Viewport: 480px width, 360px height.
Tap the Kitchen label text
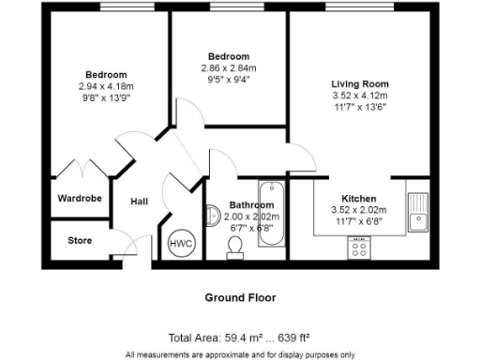click(359, 199)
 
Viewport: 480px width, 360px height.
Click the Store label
click(80, 241)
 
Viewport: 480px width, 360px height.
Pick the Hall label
click(139, 202)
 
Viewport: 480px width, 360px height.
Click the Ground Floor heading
click(240, 297)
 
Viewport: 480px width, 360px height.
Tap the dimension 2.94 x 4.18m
click(106, 86)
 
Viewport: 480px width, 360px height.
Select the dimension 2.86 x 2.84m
click(229, 68)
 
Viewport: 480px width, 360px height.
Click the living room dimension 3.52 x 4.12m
click(359, 96)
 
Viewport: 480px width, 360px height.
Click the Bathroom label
click(251, 205)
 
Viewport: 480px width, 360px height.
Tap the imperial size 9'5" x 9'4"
click(229, 80)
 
